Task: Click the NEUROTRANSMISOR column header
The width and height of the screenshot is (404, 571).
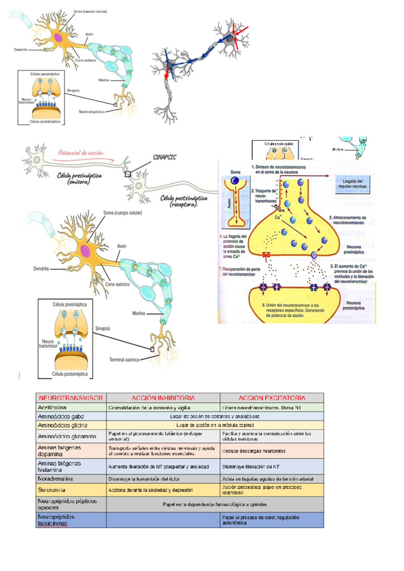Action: click(x=71, y=398)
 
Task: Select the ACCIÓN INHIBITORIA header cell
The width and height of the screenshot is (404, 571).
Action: click(x=163, y=398)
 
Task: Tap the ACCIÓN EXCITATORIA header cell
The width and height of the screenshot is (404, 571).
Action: click(x=272, y=398)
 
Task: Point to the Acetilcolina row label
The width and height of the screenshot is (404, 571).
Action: click(x=52, y=407)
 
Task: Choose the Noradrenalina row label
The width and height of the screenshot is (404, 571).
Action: click(x=56, y=479)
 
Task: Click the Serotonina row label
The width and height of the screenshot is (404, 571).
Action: click(x=52, y=490)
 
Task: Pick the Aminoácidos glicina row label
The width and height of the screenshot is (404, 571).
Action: click(x=63, y=425)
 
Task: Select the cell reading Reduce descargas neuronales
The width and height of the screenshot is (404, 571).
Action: click(x=254, y=451)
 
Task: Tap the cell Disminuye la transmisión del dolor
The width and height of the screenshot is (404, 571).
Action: click(x=144, y=479)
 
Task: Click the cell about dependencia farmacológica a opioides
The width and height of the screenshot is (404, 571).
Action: click(x=215, y=504)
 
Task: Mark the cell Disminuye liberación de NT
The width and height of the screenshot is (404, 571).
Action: click(x=251, y=467)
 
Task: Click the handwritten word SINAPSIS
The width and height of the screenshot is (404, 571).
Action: click(x=164, y=157)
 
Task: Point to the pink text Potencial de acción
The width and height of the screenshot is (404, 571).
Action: click(x=81, y=153)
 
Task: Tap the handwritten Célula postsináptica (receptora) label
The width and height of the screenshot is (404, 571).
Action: click(x=184, y=201)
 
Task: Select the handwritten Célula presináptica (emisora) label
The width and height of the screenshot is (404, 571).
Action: click(x=79, y=178)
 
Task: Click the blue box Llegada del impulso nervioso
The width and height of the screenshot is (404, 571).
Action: click(x=352, y=184)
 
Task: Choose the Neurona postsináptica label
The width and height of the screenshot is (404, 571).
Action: click(x=353, y=305)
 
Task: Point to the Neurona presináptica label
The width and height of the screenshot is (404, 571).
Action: click(x=353, y=249)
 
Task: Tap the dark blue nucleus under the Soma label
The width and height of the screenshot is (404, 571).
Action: click(x=235, y=181)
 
